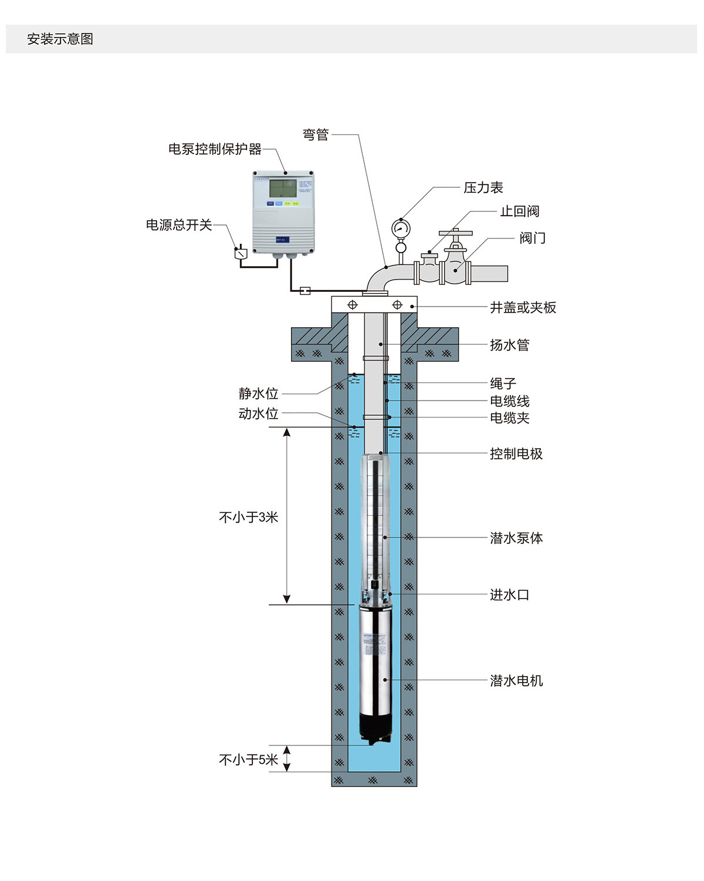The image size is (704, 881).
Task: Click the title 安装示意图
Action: click(60, 39)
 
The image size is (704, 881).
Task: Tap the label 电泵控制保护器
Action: click(215, 149)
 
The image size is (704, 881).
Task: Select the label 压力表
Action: click(483, 188)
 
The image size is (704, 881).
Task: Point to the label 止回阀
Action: click(519, 211)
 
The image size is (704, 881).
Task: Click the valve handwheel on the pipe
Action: click(456, 233)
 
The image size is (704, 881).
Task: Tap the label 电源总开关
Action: click(179, 225)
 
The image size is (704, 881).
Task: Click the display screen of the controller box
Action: click(282, 188)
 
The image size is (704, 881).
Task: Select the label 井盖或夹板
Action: click(523, 308)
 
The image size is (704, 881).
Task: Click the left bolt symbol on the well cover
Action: click(353, 305)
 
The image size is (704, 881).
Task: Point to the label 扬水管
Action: click(509, 345)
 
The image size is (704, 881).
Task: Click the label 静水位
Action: click(258, 394)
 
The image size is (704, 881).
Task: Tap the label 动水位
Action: click(258, 414)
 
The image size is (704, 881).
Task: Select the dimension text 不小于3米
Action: click(248, 517)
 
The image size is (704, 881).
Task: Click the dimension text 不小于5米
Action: click(248, 760)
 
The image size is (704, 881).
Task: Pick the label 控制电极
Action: click(516, 454)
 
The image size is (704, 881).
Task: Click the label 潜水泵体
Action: click(516, 538)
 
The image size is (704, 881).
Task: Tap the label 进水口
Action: click(509, 595)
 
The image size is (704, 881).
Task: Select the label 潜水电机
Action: click(516, 681)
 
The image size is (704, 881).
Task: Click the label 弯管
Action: click(316, 135)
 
